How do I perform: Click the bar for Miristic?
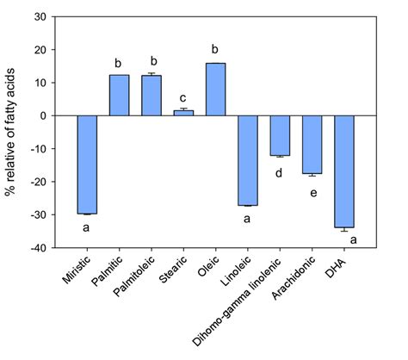click(87, 164)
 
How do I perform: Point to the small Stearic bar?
click(183, 113)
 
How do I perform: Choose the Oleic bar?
click(215, 90)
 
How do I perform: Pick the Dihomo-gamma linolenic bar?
click(280, 135)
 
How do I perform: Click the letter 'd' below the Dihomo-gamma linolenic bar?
click(280, 172)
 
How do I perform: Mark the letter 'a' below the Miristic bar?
click(87, 228)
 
